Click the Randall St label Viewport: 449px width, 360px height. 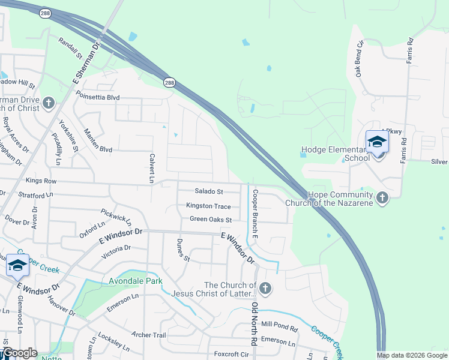70,48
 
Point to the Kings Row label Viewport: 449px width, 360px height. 41,181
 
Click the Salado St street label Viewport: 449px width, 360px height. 209,191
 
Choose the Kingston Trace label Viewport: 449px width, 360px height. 209,206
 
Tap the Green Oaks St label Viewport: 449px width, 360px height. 211,220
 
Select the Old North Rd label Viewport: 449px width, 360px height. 255,323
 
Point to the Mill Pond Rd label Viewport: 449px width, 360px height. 280,328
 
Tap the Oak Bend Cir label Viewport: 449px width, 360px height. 360,58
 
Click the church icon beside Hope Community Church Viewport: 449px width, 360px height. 382,197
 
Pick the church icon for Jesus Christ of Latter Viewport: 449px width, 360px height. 265,289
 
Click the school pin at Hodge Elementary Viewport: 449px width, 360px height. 377,143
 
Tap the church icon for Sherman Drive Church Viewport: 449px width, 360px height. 49,104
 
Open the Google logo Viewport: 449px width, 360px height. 20,353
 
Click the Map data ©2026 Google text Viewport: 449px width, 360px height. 411,355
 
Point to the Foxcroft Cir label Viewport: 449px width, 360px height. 231,355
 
